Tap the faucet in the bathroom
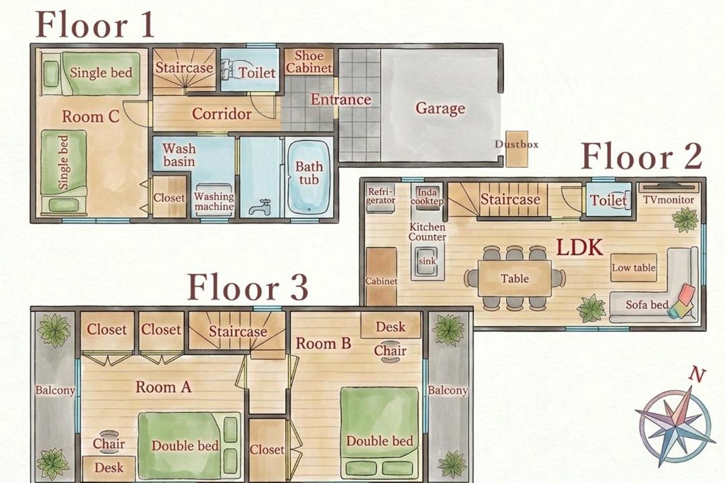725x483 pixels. (260, 207)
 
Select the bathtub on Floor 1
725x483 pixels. (309, 176)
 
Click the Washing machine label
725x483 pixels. (213, 201)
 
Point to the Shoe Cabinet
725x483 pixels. (308, 62)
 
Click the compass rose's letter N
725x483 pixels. (697, 375)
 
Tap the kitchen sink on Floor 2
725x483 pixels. (427, 262)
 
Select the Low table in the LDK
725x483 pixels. (634, 268)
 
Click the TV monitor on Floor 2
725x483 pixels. (669, 186)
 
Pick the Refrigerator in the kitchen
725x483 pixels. (381, 197)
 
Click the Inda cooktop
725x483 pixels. (427, 197)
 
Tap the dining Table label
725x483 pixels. (515, 278)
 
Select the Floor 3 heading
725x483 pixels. (248, 288)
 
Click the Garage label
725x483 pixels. (440, 108)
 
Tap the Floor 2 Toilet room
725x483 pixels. (608, 200)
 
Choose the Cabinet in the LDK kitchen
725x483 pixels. (381, 276)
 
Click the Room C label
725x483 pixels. (91, 116)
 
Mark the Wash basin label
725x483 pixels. (179, 155)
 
